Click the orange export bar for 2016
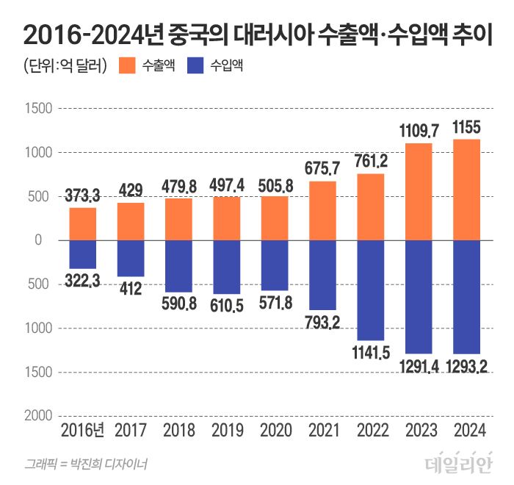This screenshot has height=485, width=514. pos(83,224)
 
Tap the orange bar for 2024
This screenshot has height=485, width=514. pos(467,190)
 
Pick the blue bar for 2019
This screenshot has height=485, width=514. pos(227,267)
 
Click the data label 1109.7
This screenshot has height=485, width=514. pos(419,132)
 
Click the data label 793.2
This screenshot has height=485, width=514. pos(323,321)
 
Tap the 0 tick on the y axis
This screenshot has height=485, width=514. pos(45,240)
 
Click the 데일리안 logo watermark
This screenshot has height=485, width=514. pos(457,463)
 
